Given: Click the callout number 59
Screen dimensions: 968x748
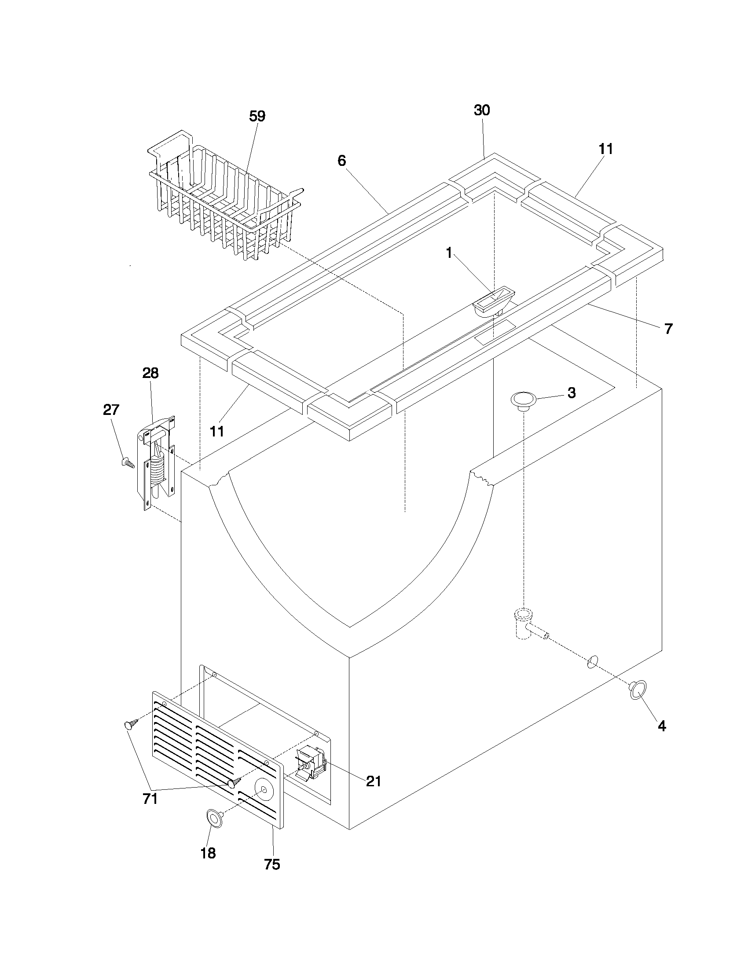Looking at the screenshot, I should [257, 117].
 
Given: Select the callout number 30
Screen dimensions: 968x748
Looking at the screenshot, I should [482, 110].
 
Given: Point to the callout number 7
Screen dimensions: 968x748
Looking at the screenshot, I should [668, 329].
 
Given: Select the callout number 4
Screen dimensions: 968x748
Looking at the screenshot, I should [661, 726].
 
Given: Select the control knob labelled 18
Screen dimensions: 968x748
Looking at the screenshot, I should [214, 818].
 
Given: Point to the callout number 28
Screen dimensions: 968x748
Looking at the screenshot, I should [150, 373].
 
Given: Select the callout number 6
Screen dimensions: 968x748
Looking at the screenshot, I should [341, 161].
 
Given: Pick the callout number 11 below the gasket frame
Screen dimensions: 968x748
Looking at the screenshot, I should [216, 431].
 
